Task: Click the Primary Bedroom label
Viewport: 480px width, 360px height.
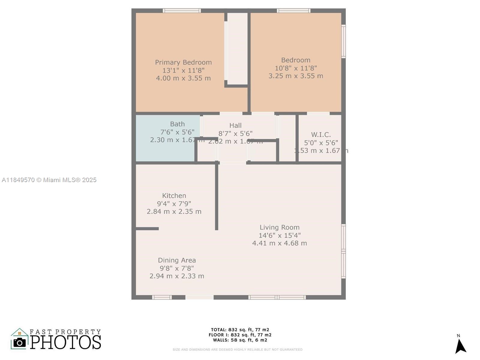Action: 183,62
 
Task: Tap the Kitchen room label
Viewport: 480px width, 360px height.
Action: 174,196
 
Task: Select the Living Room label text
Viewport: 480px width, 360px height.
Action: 279,227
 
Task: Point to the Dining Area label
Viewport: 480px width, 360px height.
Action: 177,260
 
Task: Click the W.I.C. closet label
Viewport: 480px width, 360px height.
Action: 321,135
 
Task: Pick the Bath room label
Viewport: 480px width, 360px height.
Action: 177,124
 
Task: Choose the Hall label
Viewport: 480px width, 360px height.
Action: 235,125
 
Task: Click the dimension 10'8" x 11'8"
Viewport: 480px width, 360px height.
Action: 296,68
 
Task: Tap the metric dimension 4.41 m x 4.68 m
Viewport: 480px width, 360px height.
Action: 279,243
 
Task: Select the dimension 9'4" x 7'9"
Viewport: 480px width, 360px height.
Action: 174,204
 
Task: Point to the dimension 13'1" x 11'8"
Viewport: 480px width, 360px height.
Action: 183,70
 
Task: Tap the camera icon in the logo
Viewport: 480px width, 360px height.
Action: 20,342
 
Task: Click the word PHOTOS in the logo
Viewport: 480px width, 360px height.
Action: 65,342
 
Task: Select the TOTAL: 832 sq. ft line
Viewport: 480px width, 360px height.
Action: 240,330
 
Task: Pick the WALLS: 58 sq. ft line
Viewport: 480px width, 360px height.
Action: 240,340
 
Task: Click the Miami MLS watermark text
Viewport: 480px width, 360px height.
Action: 49,180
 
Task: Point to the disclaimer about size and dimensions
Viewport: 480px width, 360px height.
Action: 237,349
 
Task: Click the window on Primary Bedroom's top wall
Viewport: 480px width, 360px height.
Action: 182,11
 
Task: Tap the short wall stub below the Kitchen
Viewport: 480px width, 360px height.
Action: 147,229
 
